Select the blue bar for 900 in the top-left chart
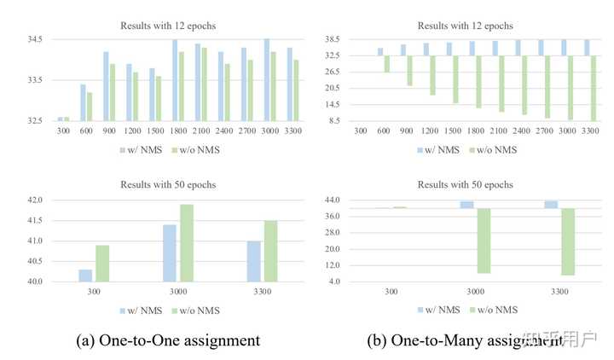point(107,85)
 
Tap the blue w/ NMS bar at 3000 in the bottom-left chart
point(170,253)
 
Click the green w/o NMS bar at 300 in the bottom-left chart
point(102,263)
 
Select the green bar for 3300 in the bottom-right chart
point(567,241)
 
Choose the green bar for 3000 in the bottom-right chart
point(483,241)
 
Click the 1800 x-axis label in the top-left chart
point(177,131)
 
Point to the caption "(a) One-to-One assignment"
point(168,340)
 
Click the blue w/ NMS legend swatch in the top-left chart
point(122,150)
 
